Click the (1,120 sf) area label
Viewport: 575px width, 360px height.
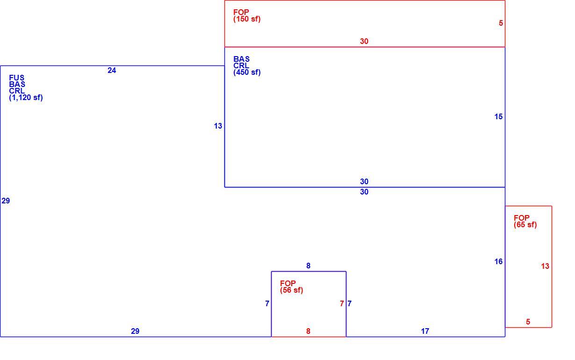tap(26, 98)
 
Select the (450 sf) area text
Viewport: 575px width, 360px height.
tap(247, 72)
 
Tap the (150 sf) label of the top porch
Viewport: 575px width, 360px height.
tap(247, 19)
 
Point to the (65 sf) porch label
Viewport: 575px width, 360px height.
tap(525, 225)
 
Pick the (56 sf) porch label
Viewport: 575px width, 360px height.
tap(292, 290)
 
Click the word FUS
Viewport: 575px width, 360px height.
tap(17, 78)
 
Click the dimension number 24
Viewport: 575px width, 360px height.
tap(112, 70)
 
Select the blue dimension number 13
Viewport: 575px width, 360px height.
tap(218, 126)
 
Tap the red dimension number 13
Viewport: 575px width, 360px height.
tap(545, 266)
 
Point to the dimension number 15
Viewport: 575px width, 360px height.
tap(498, 117)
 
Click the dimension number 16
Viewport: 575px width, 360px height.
tap(498, 262)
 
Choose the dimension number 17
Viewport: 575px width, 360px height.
tap(425, 331)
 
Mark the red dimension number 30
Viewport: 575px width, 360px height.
tap(364, 41)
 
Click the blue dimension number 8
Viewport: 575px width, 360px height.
tap(308, 266)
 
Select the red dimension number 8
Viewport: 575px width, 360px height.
tap(308, 331)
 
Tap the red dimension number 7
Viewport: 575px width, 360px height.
tap(342, 304)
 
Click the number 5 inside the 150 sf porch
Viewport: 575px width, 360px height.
tap(501, 23)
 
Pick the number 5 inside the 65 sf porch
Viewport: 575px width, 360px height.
tap(528, 322)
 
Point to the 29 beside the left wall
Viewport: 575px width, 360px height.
tap(6, 201)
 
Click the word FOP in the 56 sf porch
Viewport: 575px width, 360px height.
tap(288, 283)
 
